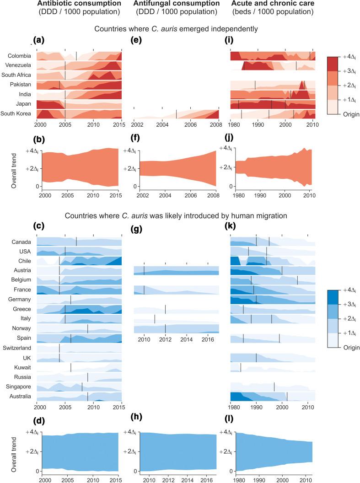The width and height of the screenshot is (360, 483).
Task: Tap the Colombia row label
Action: pos(19,56)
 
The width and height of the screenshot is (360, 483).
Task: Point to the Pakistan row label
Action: pos(20,85)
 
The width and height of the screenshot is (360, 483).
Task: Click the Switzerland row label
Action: pos(16,348)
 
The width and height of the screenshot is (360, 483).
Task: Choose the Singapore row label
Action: pos(17,387)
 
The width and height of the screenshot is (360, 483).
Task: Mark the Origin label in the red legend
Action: pos(350,114)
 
